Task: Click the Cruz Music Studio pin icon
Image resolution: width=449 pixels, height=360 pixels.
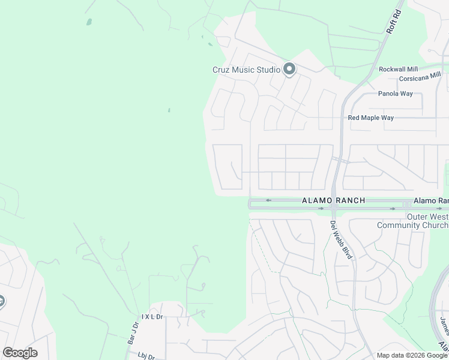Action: click(x=289, y=70)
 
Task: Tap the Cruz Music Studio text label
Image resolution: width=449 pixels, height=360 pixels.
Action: click(x=246, y=70)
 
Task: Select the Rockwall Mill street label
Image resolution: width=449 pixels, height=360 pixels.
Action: click(x=398, y=70)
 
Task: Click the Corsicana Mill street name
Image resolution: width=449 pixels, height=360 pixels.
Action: click(x=423, y=79)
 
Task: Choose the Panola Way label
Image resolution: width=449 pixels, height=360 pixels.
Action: click(x=395, y=94)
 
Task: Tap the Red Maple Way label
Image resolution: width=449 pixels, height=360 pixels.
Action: click(x=371, y=118)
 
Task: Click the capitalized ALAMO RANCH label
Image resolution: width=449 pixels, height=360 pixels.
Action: click(x=333, y=200)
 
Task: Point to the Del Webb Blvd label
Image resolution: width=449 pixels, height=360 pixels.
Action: click(x=342, y=240)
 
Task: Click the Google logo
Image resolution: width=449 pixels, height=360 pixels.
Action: click(x=20, y=353)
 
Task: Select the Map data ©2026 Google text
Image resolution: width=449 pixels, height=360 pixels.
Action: click(x=412, y=355)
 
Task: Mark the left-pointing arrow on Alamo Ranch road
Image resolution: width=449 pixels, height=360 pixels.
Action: click(x=269, y=200)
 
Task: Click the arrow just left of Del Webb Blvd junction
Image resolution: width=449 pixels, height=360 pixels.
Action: click(x=321, y=209)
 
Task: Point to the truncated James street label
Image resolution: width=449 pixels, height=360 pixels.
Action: click(x=444, y=328)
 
